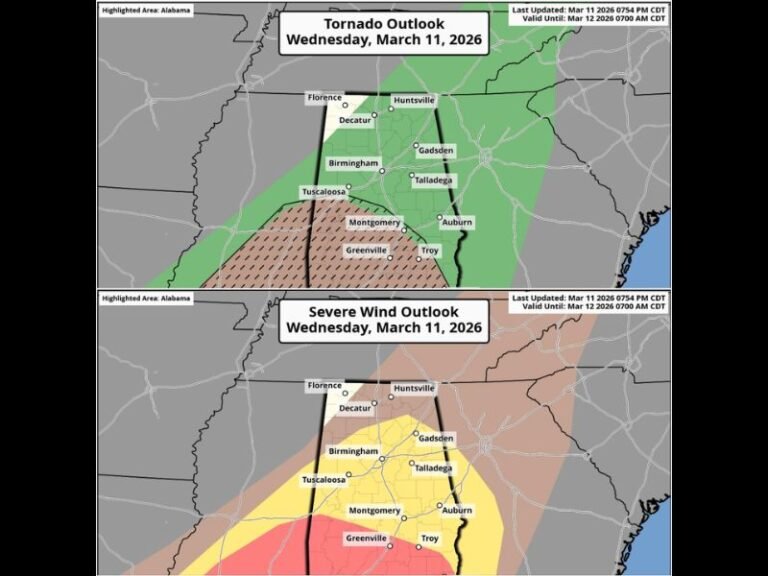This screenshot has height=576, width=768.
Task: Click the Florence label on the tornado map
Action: coord(325,98)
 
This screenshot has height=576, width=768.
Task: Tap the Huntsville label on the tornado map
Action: coord(413,100)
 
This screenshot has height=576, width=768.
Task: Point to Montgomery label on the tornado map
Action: coord(374,222)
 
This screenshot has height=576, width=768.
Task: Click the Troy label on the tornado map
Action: coord(429,250)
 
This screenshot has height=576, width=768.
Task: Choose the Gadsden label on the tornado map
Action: coord(435,151)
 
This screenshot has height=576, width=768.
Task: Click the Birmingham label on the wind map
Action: coord(353,452)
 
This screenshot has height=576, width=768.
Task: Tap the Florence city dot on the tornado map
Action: coord(345,104)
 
